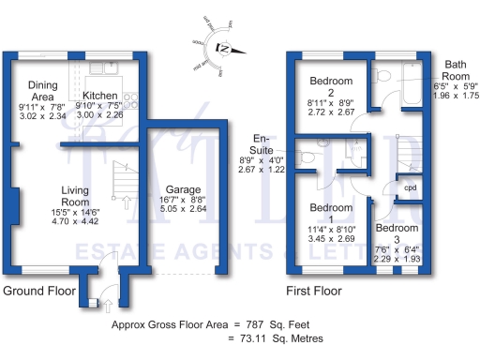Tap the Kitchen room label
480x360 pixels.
(x=99, y=96)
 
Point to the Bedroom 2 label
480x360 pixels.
(x=329, y=79)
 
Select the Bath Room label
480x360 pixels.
(x=456, y=68)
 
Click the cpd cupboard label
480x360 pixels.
(x=410, y=187)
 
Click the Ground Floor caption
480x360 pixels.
(x=37, y=292)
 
